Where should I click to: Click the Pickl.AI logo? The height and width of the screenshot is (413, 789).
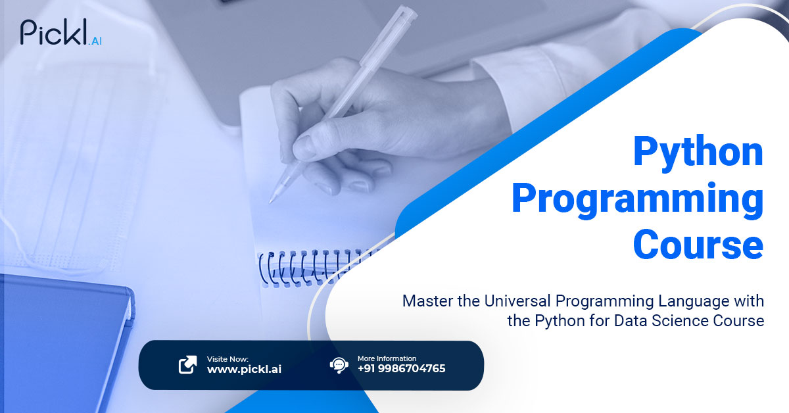pos(61,32)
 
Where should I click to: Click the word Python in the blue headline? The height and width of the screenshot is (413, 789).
pos(698,153)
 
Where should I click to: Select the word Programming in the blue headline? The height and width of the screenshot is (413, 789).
pos(638,200)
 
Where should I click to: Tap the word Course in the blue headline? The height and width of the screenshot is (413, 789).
pos(698,243)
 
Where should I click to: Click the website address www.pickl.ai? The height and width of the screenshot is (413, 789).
pos(244,370)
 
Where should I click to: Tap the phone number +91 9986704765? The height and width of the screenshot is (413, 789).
pos(401,368)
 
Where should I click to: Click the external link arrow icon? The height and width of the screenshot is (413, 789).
pos(188,364)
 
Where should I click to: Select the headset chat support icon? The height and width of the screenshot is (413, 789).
pos(339,365)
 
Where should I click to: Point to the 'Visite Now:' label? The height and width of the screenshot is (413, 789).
pos(227,359)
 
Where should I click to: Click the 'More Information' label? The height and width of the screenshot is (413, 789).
pos(387,358)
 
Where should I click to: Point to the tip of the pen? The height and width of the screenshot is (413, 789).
pos(270,203)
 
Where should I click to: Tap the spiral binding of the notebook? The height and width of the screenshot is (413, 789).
pos(310,268)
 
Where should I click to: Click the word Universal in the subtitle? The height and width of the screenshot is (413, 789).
pos(517,301)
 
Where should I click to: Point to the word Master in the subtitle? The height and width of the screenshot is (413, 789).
pos(427,301)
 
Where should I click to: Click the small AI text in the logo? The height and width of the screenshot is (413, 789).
pos(96,41)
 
